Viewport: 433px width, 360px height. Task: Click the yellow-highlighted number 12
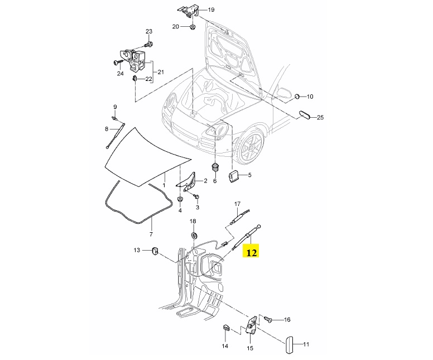[x=251, y=252]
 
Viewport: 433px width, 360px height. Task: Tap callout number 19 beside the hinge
[x=211, y=10]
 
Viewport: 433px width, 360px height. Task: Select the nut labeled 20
[x=192, y=27]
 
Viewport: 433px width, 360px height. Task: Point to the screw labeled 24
[x=118, y=63]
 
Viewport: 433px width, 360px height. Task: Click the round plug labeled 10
[x=297, y=96]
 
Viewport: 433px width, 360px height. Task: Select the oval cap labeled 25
[x=305, y=114]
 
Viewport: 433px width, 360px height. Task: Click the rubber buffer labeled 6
[x=215, y=167]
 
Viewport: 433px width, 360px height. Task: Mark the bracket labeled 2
[x=187, y=181]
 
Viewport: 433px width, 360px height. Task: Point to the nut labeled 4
[x=180, y=199]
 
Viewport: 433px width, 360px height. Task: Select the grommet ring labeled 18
[x=194, y=236]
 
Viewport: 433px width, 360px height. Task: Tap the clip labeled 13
[x=155, y=251]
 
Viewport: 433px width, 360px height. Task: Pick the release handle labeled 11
[x=289, y=344]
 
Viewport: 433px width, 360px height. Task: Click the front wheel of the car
[x=251, y=146]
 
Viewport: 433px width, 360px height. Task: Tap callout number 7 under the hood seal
[x=151, y=234]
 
